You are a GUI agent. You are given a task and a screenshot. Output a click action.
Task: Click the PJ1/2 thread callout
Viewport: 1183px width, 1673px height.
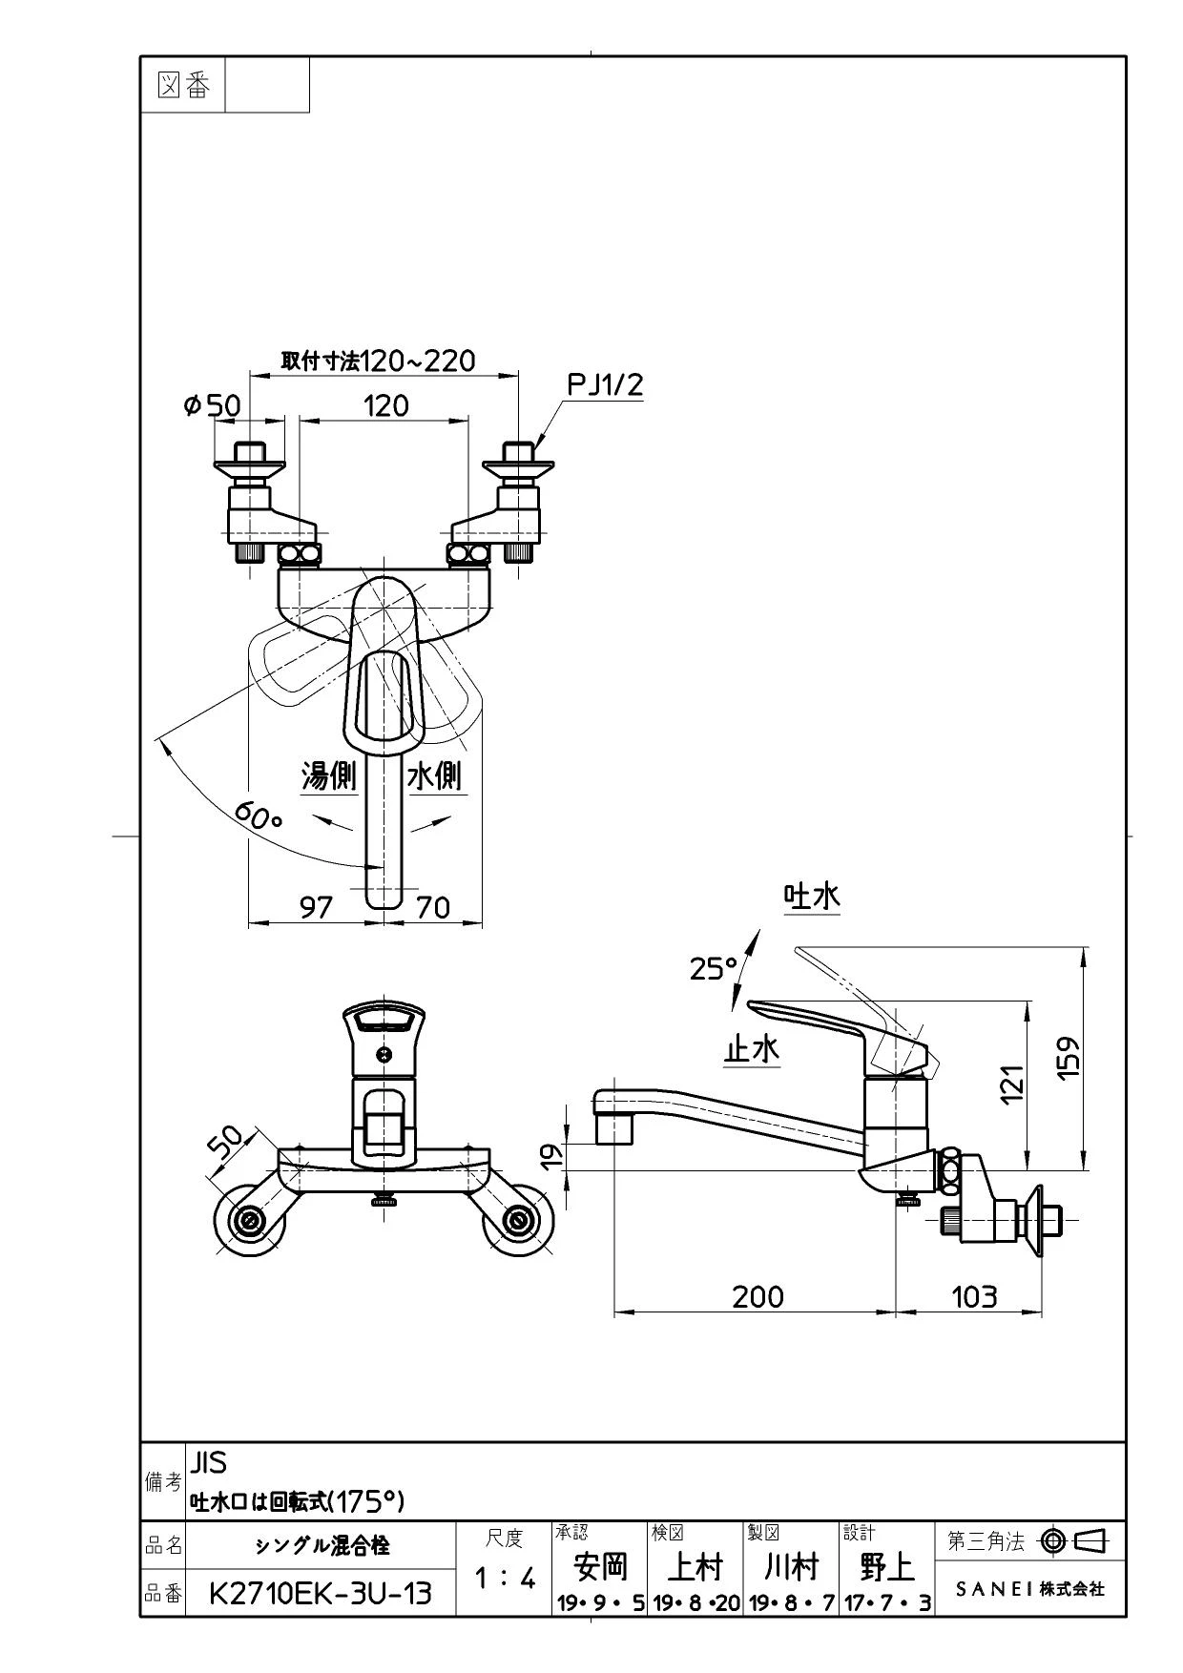[606, 385]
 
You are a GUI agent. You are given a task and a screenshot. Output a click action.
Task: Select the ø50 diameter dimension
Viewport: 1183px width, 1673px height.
[212, 405]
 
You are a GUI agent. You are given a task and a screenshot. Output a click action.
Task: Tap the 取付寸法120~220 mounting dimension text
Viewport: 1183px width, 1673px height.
[378, 360]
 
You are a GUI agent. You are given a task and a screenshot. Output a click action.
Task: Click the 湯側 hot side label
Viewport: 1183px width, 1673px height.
[328, 775]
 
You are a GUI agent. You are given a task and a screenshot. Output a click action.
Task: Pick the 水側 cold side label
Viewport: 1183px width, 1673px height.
[436, 775]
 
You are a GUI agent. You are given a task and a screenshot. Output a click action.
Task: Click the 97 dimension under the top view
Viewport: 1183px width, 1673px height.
[316, 906]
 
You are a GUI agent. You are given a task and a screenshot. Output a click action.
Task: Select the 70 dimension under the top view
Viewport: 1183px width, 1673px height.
[434, 906]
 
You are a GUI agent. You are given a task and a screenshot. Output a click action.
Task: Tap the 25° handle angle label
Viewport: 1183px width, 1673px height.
[715, 968]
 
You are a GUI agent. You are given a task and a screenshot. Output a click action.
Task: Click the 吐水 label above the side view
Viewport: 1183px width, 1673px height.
[812, 897]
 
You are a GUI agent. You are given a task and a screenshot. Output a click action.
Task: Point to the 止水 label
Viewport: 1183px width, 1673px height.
[752, 1049]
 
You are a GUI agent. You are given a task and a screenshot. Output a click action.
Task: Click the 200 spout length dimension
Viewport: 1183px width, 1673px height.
[758, 1296]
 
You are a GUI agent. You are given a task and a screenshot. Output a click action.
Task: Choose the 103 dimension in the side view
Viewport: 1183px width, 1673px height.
[974, 1296]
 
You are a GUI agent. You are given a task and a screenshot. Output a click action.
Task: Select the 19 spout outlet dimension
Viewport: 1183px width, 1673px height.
[552, 1156]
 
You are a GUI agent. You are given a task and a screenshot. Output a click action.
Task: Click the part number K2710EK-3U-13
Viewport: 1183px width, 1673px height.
[320, 1592]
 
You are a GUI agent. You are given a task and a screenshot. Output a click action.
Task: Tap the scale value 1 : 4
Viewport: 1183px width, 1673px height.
[505, 1579]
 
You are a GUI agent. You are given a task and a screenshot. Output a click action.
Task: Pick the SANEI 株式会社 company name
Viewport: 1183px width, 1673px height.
[1030, 1589]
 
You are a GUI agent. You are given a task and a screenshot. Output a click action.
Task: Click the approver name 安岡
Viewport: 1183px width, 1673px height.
[601, 1565]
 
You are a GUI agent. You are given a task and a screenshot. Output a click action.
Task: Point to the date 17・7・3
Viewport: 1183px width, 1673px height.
[886, 1603]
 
